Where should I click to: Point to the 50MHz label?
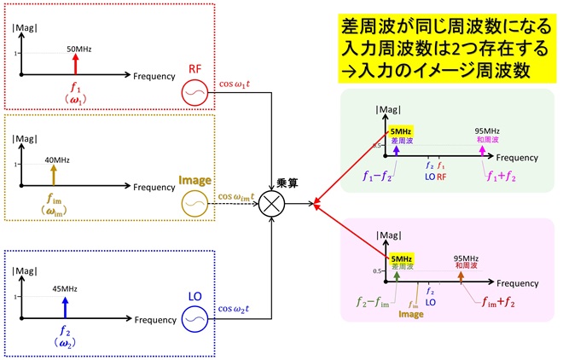tap(79, 49)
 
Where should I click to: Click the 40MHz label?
tap(57, 160)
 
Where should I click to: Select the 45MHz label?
tap(65, 289)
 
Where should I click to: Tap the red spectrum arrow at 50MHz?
tap(75, 64)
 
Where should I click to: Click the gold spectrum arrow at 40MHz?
tap(54, 175)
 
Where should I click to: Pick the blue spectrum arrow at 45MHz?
tap(65, 308)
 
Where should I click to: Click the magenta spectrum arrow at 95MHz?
tap(482, 151)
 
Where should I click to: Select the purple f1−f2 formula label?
tap(377, 177)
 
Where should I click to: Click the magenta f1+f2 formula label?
tap(502, 177)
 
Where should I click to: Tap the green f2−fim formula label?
tap(373, 303)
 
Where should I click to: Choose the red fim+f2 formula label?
tap(498, 303)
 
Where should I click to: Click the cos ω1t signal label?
tap(235, 84)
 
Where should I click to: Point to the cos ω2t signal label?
tap(234, 309)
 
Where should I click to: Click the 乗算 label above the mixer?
tap(287, 183)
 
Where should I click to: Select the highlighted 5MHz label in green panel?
tap(401, 131)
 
